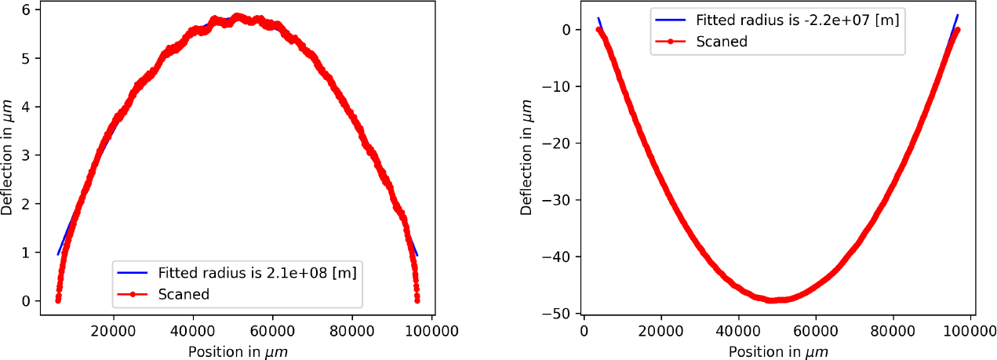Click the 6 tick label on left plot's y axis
tap(26, 9)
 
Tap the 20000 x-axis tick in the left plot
tap(114, 332)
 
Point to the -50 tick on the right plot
tap(555, 314)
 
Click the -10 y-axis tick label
tap(555, 86)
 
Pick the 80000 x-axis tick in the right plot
tap(893, 332)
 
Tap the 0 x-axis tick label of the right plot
tap(584, 332)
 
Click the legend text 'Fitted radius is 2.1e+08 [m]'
tap(258, 273)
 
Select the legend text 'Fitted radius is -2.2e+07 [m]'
tap(798, 20)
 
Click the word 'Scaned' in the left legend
tap(184, 294)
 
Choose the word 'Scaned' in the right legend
tap(722, 42)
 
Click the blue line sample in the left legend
tap(133, 273)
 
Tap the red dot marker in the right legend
tap(671, 42)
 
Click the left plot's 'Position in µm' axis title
tap(238, 352)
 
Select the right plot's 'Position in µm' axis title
tap(778, 352)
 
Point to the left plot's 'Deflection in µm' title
tap(7, 158)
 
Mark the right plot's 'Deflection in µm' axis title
tap(526, 158)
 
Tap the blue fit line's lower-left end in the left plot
tap(58, 255)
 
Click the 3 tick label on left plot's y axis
tap(26, 155)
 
